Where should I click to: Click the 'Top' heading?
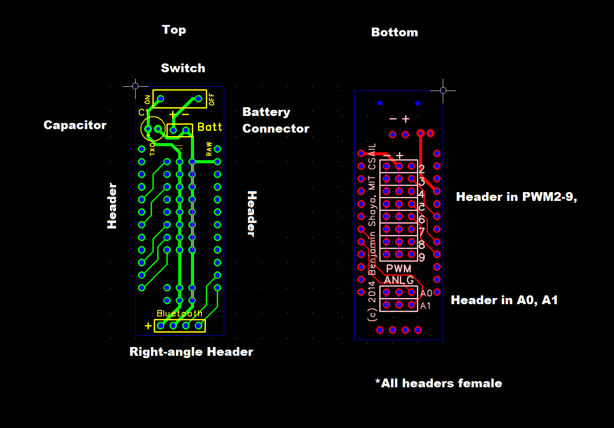click(174, 30)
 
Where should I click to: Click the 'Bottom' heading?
click(394, 32)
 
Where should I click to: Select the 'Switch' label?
click(183, 68)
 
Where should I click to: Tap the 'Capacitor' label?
click(75, 125)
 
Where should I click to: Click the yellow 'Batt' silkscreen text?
click(210, 127)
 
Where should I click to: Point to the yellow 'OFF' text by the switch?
click(212, 99)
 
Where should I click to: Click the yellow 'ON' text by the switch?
click(147, 100)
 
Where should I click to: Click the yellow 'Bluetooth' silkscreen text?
click(180, 313)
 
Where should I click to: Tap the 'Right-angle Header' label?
click(191, 352)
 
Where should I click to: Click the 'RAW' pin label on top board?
click(209, 149)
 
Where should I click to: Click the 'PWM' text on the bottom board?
click(399, 269)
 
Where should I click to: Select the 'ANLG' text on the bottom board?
click(399, 280)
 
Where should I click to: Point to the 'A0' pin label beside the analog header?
click(426, 293)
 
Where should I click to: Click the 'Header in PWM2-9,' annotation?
click(516, 197)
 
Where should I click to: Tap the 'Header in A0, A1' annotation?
click(504, 300)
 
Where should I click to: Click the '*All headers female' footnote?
click(438, 383)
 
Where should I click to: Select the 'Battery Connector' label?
click(275, 120)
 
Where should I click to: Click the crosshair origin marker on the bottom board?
click(443, 90)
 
